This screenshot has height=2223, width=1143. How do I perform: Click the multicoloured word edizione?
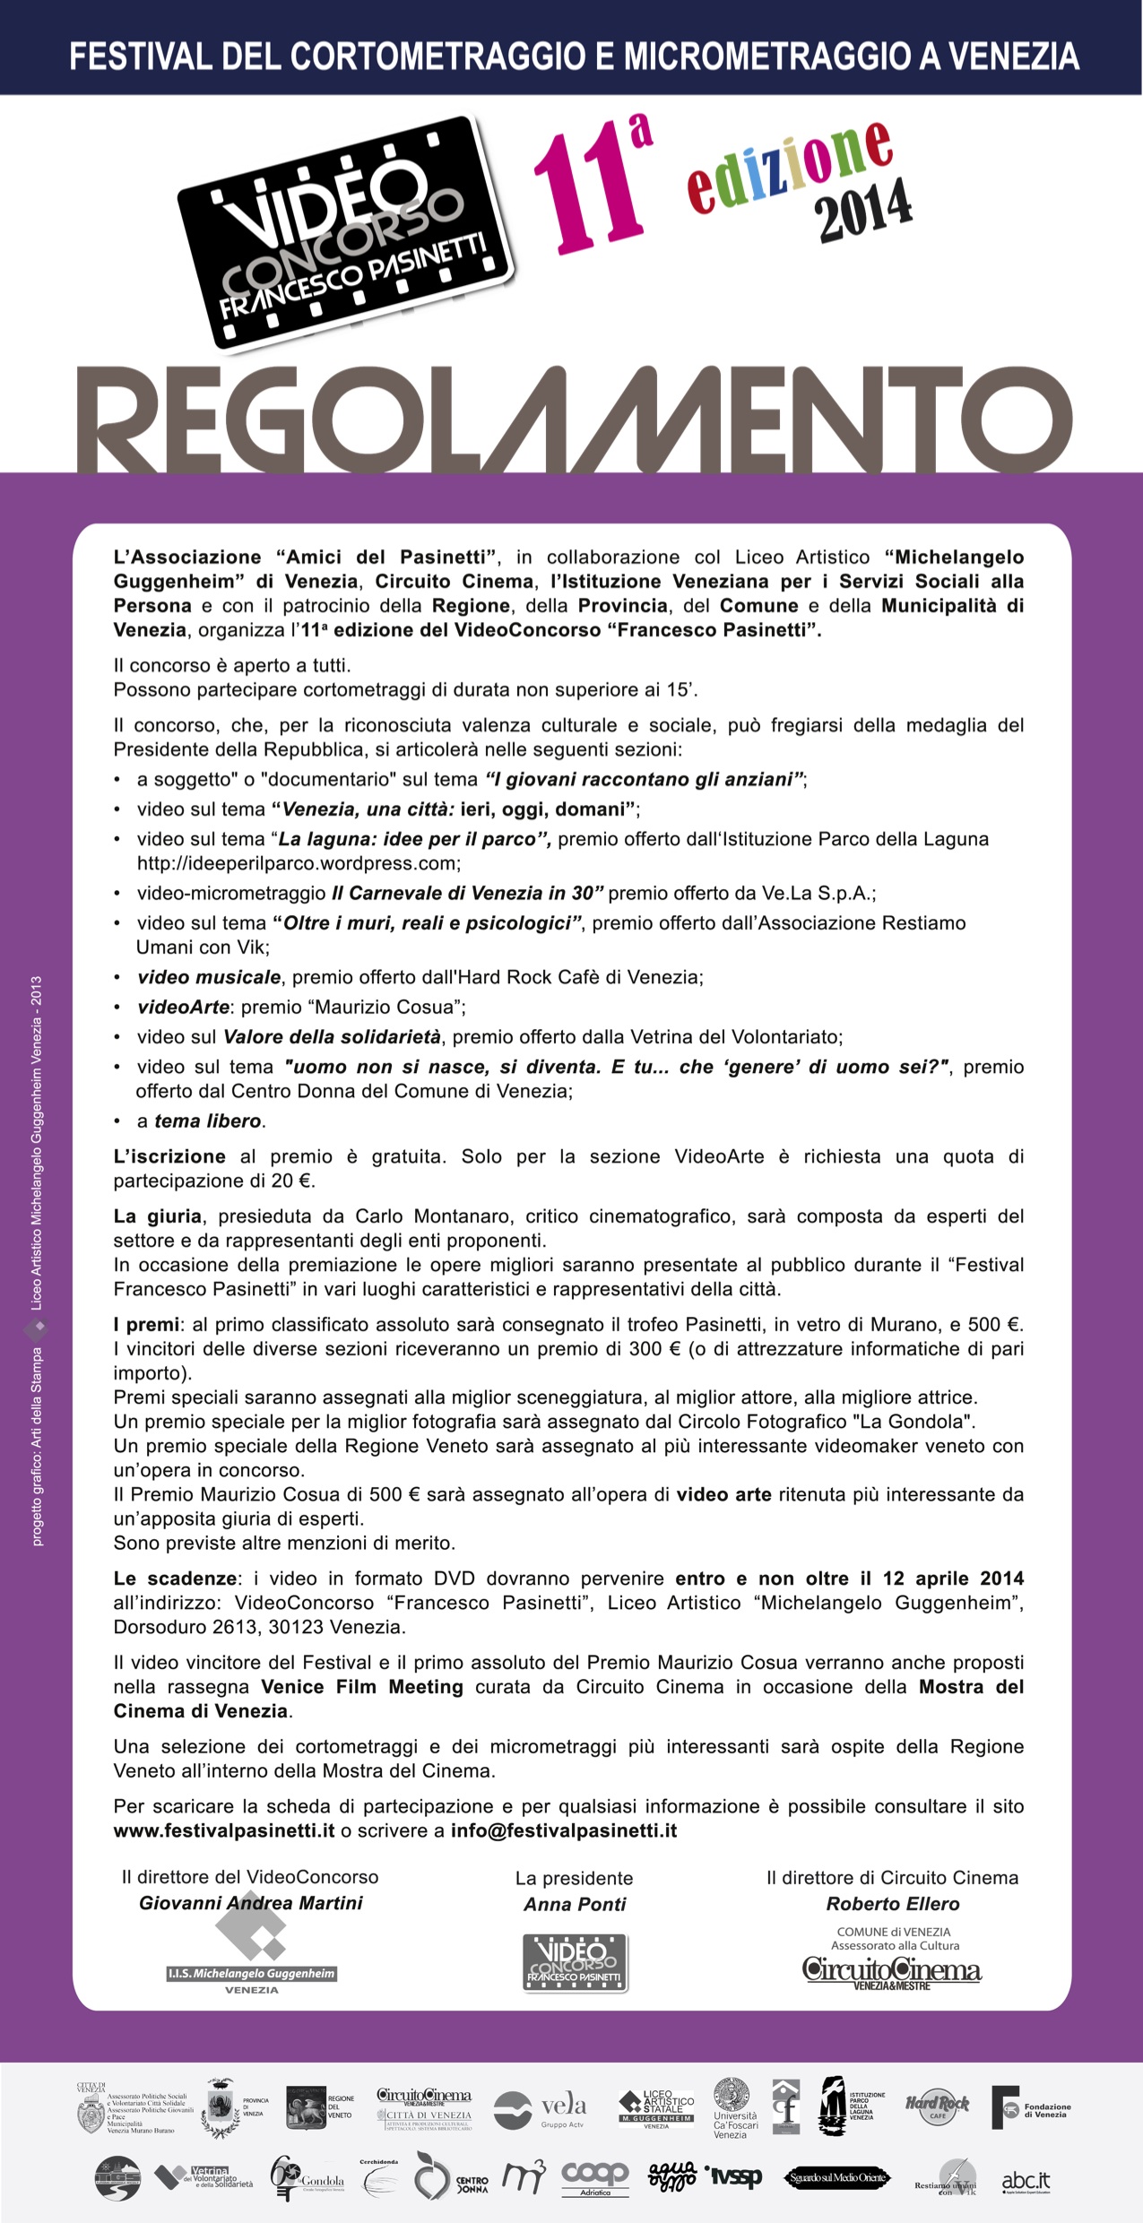click(789, 165)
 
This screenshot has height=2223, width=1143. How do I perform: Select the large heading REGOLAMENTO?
click(574, 418)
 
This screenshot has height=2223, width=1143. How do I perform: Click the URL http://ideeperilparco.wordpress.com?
click(298, 863)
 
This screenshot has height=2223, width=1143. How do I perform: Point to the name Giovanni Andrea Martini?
click(251, 1903)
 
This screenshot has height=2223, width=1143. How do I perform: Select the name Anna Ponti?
click(575, 1904)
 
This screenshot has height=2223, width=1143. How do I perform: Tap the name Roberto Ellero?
click(893, 1904)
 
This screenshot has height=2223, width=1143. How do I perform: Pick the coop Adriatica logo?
click(595, 2176)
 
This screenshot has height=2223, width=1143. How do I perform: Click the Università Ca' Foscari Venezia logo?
click(732, 2106)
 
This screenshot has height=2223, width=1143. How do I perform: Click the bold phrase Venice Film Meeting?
click(362, 1687)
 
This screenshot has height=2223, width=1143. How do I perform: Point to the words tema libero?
click(208, 1120)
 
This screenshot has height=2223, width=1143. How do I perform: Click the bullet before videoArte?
click(117, 1008)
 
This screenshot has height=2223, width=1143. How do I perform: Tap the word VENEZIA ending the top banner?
click(1014, 57)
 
